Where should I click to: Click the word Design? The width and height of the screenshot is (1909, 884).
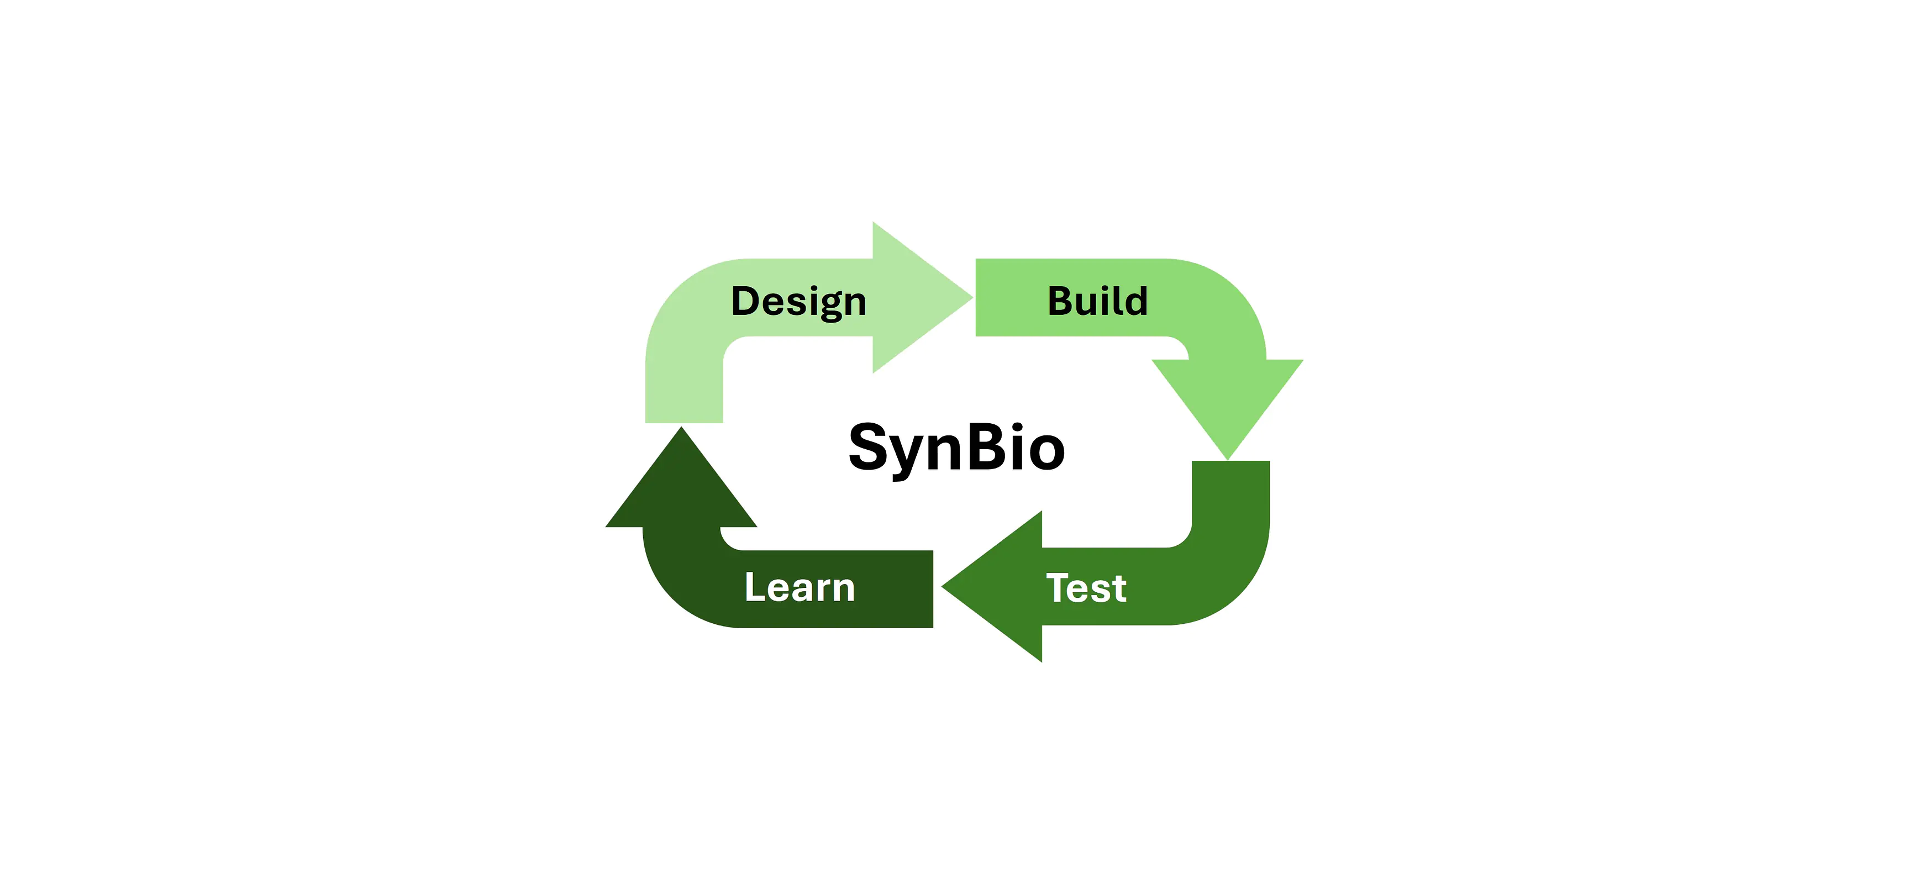799,302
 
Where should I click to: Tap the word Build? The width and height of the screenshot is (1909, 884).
1097,301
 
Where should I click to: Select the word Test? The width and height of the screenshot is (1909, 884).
1086,588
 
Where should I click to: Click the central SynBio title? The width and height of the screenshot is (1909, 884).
957,448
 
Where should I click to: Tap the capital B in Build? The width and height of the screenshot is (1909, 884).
1062,301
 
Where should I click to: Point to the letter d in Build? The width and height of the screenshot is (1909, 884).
1134,301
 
